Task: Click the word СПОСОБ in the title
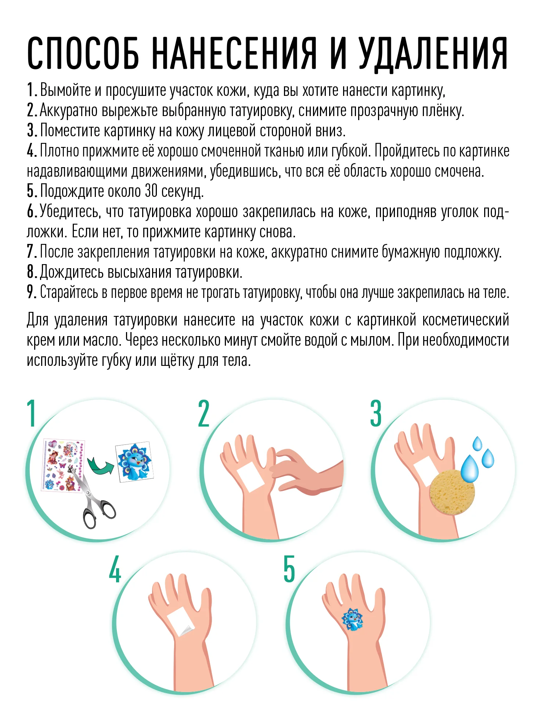tap(83, 54)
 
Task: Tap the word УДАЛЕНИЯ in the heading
tap(433, 54)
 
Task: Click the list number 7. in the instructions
tap(32, 252)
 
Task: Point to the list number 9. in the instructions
tap(32, 292)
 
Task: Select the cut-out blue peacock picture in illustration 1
tap(134, 462)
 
